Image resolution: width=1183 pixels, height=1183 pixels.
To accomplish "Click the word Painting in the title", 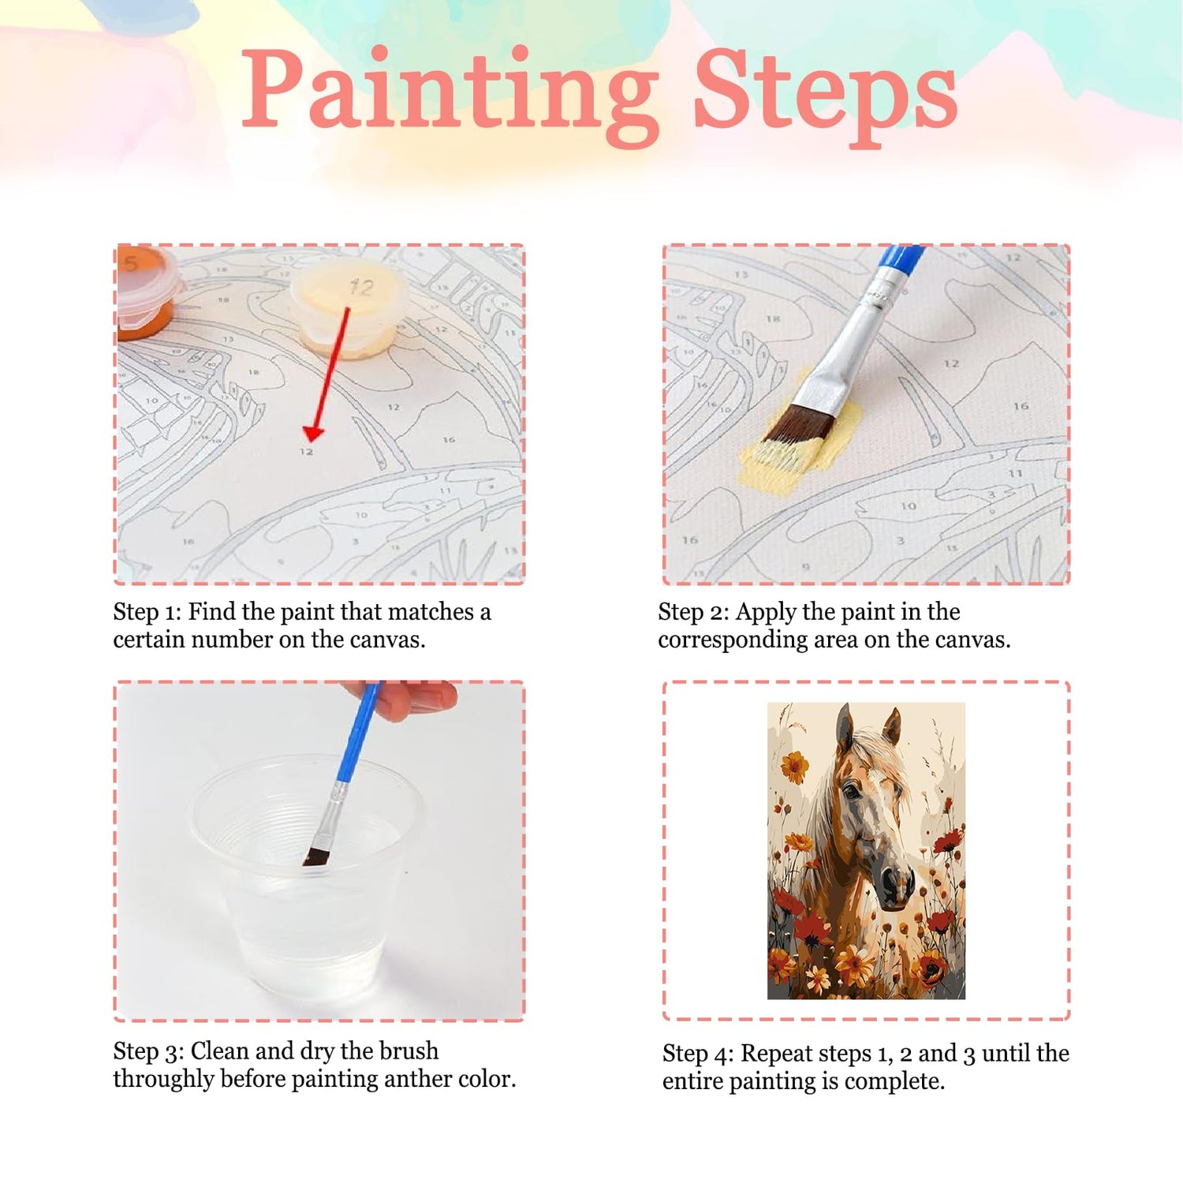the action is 450,95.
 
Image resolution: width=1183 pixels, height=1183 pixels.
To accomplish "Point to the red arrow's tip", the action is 312,439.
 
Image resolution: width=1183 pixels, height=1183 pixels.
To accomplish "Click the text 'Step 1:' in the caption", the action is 147,613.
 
